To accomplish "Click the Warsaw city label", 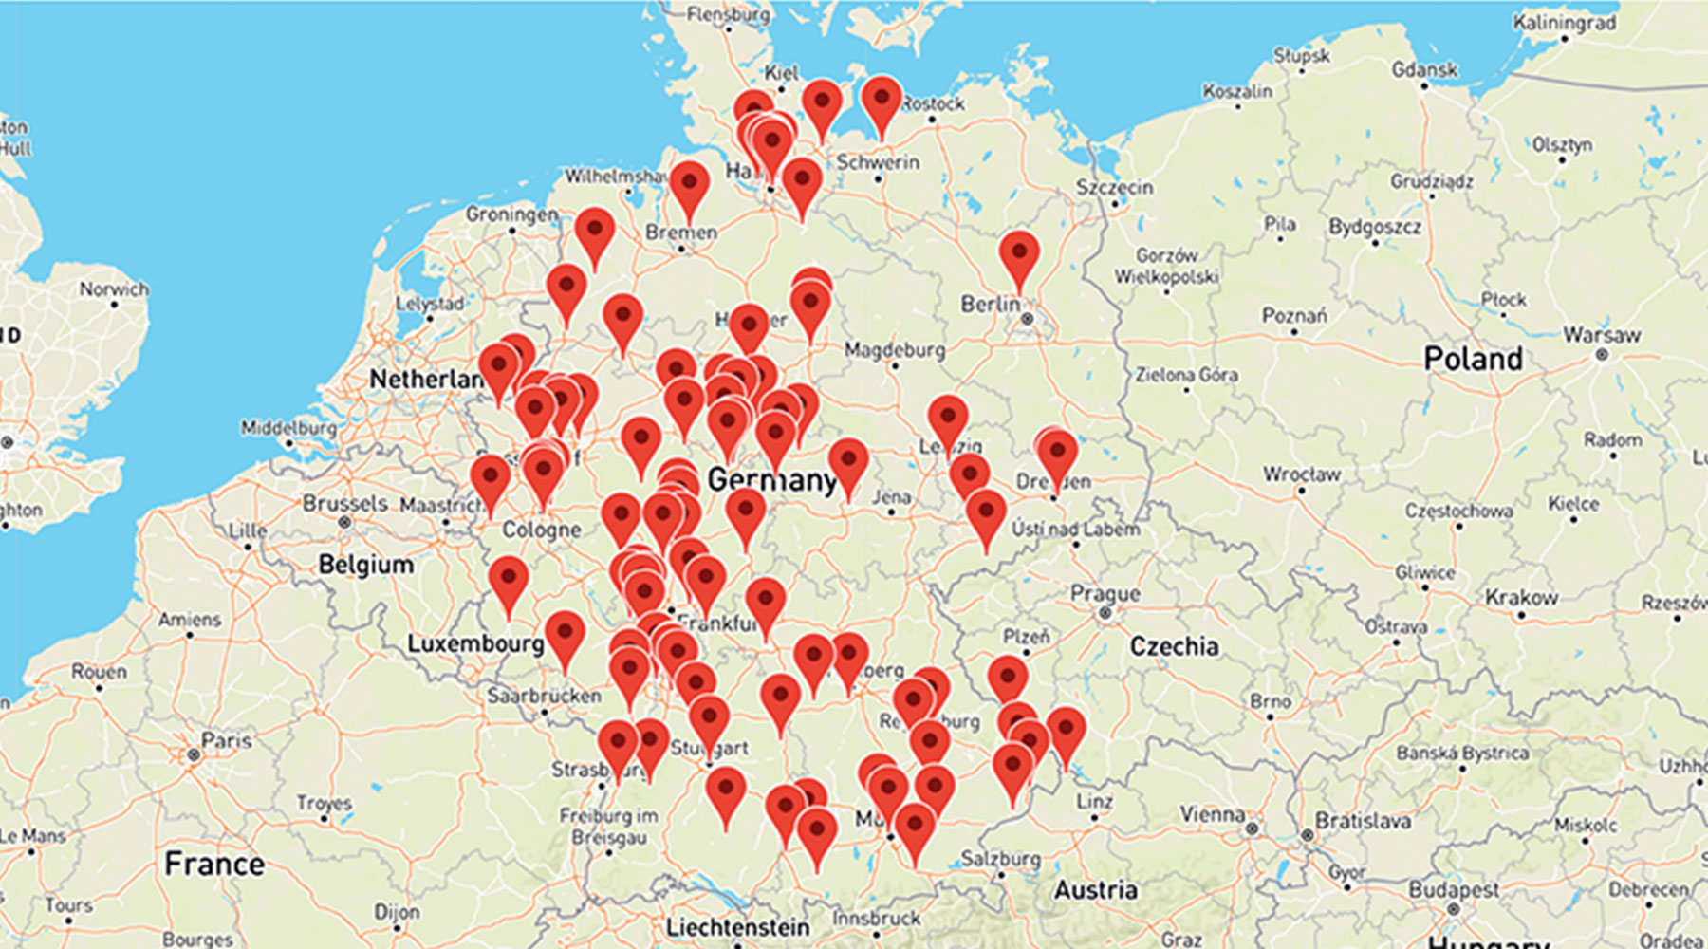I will (1602, 335).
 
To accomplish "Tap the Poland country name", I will (1473, 359).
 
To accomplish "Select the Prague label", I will (1105, 594).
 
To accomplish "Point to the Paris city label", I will (226, 740).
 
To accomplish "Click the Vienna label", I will (1212, 814).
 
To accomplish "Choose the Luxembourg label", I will (474, 644).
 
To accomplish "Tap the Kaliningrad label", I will (1564, 22).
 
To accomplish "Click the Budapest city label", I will (1454, 890).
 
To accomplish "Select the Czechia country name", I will (1174, 646).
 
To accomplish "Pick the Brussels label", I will (344, 503).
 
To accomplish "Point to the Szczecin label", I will (1114, 187).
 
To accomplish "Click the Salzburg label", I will (1000, 859).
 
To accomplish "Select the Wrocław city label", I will (1301, 474).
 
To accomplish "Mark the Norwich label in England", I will (114, 288).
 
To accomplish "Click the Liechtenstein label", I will (737, 927).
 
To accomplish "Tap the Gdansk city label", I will (1423, 69).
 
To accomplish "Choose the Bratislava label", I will (1362, 821).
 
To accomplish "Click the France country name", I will (213, 864).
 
